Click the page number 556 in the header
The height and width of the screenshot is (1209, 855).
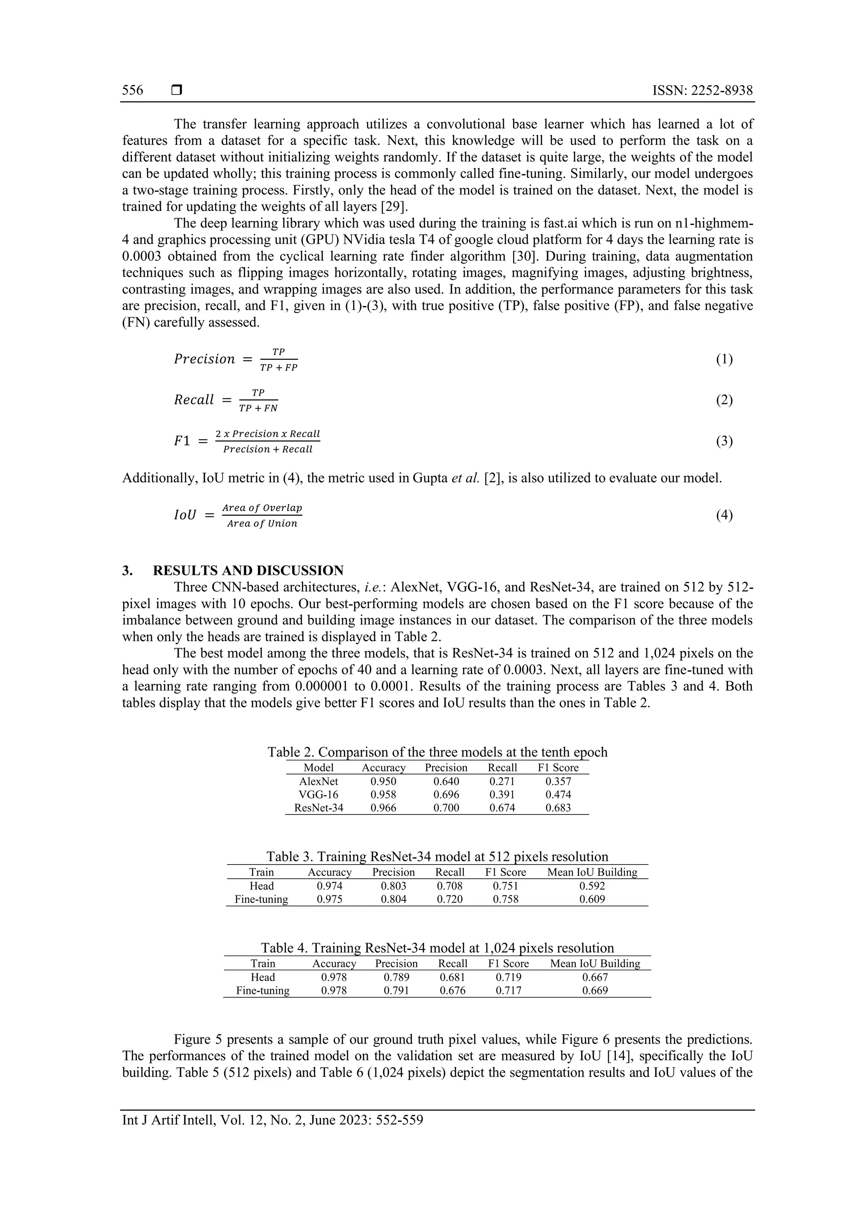tap(133, 90)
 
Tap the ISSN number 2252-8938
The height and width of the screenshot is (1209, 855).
tap(722, 91)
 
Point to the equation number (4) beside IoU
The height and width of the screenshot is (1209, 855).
tap(724, 515)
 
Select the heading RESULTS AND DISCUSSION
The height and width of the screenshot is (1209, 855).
tap(248, 570)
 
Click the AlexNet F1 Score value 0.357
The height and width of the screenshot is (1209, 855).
tap(558, 782)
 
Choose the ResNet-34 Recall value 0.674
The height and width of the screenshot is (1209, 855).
tap(502, 808)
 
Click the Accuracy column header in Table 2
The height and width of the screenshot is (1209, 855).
tap(383, 768)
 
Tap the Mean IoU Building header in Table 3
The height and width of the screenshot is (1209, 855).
tap(592, 872)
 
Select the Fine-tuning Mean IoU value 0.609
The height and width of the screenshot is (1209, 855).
tap(592, 899)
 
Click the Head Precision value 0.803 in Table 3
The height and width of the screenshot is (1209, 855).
tap(393, 886)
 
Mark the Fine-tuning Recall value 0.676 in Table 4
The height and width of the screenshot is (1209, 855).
tap(453, 991)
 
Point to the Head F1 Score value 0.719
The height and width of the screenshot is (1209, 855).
tap(508, 977)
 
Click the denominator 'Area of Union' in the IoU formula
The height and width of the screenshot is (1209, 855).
tap(262, 524)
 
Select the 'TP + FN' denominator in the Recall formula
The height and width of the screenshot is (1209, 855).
tap(258, 408)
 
